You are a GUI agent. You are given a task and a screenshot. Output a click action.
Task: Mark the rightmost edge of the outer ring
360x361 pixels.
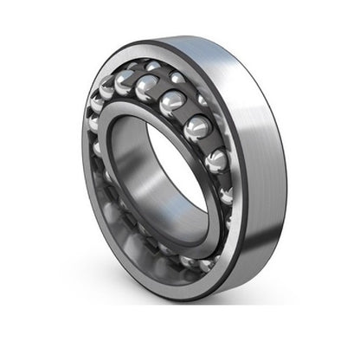[x=286, y=164]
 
